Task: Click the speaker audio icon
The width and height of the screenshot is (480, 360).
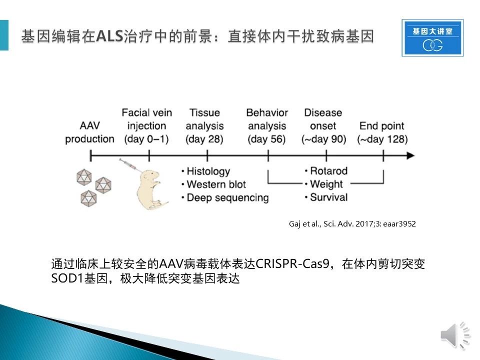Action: pos(455,335)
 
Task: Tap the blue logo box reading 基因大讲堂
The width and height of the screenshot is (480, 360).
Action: pos(432,38)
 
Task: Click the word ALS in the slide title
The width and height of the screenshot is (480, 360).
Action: pos(109,36)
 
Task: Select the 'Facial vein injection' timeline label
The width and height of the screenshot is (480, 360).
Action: pos(146,119)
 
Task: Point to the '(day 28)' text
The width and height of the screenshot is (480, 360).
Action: pos(204,139)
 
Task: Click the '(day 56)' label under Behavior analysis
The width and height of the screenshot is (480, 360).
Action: pos(266,139)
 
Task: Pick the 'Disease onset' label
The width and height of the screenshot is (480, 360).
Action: pos(323,119)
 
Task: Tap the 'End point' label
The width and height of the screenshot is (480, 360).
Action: pos(381,126)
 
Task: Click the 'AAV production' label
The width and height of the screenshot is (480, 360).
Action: pos(89,132)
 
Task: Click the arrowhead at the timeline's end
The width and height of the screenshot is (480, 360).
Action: pos(410,155)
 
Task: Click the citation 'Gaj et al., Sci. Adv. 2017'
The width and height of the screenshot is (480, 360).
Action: pos(330,224)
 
